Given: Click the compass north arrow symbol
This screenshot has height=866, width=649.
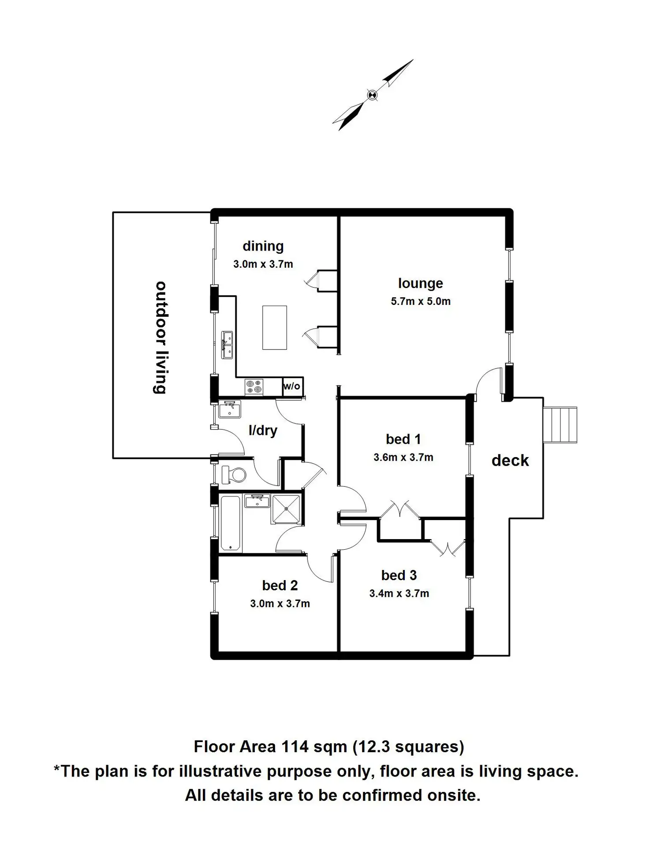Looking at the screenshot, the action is point(373,95).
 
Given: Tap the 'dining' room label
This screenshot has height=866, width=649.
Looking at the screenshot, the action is point(263,246).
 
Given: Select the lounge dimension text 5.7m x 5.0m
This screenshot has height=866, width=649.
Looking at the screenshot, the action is point(421,301).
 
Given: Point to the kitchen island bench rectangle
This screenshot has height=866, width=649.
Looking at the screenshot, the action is point(274,327).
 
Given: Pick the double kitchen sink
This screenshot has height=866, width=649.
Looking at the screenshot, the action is point(227,345).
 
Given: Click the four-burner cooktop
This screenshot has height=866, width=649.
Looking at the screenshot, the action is point(254,387).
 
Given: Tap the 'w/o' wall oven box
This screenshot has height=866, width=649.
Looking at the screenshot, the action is point(292,386).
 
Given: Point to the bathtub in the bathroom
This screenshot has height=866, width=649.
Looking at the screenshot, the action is point(230,523).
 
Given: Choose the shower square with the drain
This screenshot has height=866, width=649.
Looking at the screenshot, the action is point(287,509).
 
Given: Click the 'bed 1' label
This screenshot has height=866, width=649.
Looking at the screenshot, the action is point(403,439).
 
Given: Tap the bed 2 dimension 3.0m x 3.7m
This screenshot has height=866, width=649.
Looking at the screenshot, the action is point(280,604).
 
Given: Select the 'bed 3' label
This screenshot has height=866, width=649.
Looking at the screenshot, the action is point(399,575).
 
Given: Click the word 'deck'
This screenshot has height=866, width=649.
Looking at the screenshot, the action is point(510,461).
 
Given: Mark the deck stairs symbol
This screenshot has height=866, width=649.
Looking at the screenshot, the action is point(559,425).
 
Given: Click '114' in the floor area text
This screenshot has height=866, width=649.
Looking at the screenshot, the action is point(295,746).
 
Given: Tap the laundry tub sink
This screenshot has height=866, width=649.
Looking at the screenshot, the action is point(230,409).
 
